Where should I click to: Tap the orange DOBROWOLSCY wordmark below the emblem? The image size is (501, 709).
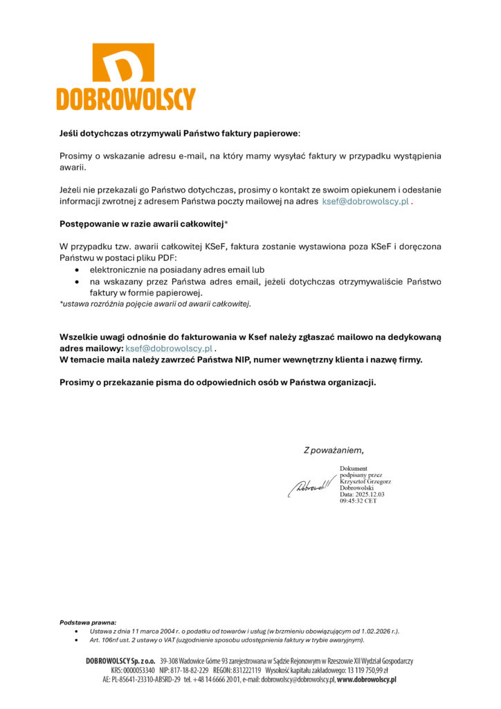point(125,99)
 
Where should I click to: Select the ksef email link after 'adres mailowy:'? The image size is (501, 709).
point(168,348)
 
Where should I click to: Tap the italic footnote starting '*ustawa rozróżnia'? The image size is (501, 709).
point(155,303)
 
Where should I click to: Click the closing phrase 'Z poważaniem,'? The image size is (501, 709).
point(334,450)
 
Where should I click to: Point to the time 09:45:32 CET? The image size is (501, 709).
point(358,500)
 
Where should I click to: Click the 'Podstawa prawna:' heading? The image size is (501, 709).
point(88,622)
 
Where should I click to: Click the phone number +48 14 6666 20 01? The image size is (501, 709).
point(217,681)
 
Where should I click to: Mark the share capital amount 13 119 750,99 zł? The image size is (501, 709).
point(363,671)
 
